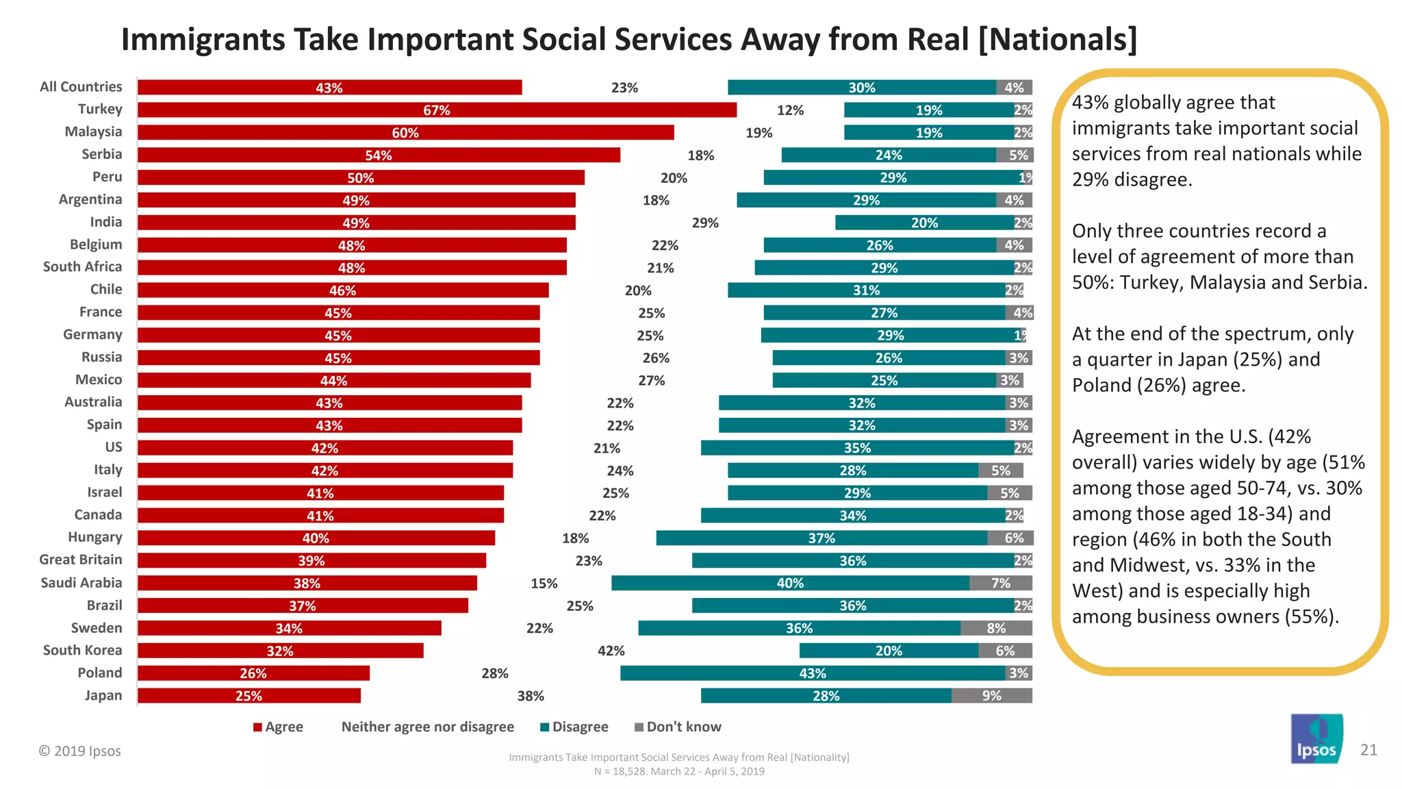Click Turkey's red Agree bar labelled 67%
[437, 110]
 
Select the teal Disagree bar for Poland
[813, 673]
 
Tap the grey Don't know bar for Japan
[991, 696]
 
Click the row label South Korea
[82, 650]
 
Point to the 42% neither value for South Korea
[611, 651]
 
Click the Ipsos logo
[1316, 739]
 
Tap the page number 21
[1368, 750]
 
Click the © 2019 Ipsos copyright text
[79, 751]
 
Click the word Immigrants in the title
[203, 40]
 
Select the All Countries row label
[81, 87]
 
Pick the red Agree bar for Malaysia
[405, 133]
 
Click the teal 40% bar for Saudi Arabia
[790, 584]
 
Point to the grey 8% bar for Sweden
[996, 628]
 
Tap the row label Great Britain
[81, 560]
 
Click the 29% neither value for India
[705, 223]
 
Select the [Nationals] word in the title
[1058, 40]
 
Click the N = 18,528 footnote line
[679, 771]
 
